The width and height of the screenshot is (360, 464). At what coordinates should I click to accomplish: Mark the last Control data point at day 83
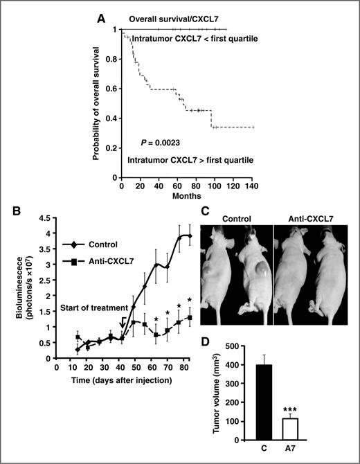click(x=189, y=237)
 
